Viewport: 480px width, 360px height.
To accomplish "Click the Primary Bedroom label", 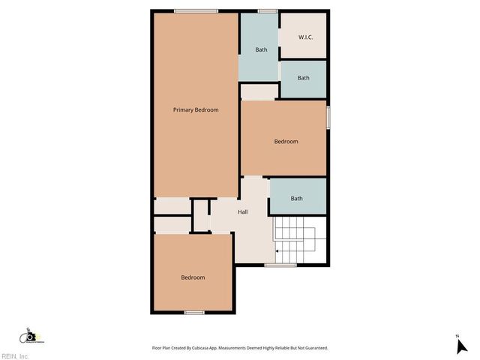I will (196, 110).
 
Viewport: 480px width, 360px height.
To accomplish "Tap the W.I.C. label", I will (305, 37).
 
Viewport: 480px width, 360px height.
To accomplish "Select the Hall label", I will (243, 212).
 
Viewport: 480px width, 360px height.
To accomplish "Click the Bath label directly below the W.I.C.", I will (303, 78).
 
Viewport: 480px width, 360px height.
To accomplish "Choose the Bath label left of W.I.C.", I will (261, 50).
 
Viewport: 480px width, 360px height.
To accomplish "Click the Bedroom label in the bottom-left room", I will (193, 277).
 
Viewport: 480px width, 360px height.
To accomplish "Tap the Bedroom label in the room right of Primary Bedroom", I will (286, 142).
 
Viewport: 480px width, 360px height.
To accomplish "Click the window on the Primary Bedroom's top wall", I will (196, 10).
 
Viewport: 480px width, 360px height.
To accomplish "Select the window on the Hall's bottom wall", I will (280, 265).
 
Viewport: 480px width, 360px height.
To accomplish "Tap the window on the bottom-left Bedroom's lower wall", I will (194, 312).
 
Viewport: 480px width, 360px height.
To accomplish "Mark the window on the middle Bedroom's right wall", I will (328, 118).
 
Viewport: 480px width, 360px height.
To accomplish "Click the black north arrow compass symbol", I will (460, 346).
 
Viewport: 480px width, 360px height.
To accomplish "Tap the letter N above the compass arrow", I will (457, 335).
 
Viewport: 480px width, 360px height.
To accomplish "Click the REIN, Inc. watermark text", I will (15, 356).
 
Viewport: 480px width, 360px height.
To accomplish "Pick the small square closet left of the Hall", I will (200, 215).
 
